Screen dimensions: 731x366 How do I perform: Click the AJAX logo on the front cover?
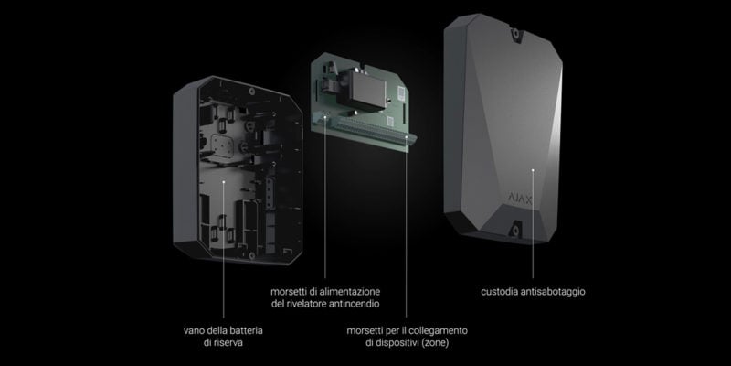pos(520,199)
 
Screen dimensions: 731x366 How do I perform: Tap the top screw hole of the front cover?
pos(515,34)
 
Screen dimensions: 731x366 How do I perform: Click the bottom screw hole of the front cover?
pos(515,231)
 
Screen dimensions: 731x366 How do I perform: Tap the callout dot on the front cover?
pos(533,170)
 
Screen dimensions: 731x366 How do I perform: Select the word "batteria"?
pos(247,330)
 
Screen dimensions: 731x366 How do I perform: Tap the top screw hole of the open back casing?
pos(251,91)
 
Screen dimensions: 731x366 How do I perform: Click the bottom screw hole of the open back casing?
pos(252,255)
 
